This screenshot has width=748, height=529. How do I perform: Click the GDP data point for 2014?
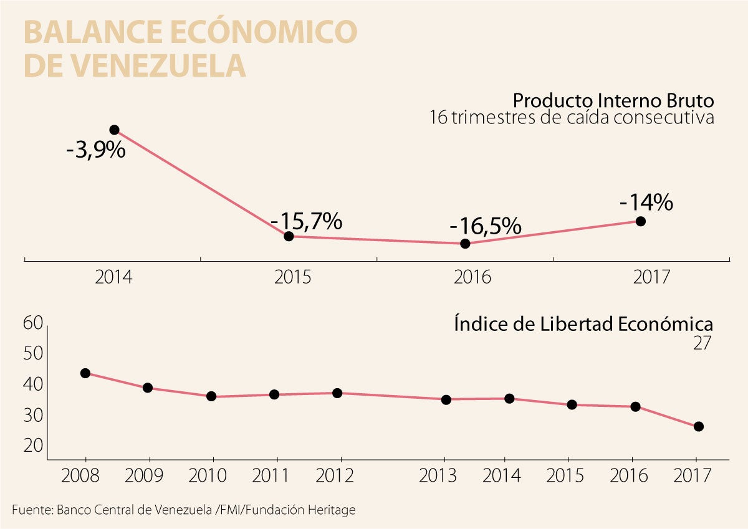point(114,130)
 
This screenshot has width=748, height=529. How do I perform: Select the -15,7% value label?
point(306,221)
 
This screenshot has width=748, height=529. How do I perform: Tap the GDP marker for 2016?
point(465,244)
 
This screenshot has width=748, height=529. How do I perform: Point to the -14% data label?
point(646,203)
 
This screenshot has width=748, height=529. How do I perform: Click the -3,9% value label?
point(96,150)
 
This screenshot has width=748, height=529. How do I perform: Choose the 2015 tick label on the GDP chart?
point(292,277)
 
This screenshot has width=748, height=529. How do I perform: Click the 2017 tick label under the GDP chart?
point(651,277)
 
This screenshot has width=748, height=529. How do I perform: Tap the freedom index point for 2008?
point(85,373)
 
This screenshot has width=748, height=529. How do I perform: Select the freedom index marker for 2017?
point(699,426)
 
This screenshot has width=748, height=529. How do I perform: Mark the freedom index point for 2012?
point(337,393)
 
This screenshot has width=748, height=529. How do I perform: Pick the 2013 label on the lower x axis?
point(438,477)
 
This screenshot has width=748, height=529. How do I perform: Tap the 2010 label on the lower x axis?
point(208,477)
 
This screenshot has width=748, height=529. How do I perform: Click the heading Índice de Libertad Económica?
point(583,325)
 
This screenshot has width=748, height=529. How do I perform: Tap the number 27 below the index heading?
point(702,343)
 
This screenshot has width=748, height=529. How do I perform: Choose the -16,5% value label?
point(486,226)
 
